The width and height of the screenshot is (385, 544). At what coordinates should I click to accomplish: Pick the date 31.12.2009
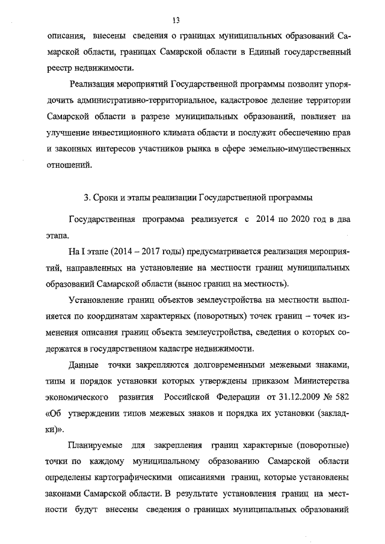click(x=280, y=397)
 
